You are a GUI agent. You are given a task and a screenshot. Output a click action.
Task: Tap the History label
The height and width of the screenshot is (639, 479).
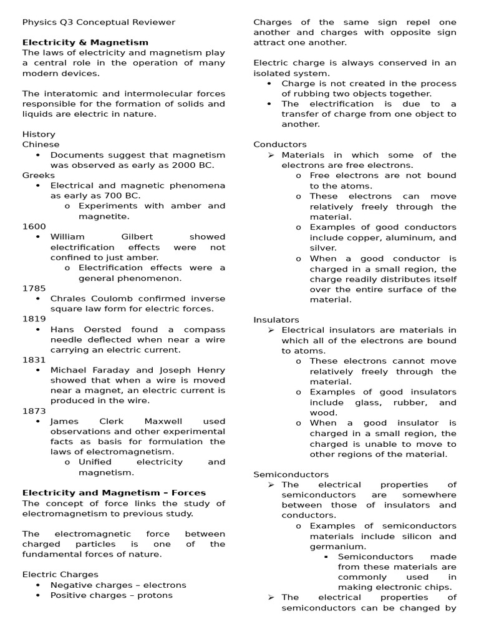[39, 134]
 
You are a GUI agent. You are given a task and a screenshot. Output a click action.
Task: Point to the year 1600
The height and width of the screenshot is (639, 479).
[34, 227]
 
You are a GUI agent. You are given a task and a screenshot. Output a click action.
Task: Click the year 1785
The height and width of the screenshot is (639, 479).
[34, 288]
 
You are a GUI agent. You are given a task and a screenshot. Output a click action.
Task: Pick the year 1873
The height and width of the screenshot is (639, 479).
[34, 411]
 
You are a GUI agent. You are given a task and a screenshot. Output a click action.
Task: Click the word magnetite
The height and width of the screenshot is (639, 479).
[104, 217]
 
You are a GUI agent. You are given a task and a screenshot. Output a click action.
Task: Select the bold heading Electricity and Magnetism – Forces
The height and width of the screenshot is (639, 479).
[114, 493]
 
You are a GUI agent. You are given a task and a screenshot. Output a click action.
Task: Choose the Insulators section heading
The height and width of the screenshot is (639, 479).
[276, 319]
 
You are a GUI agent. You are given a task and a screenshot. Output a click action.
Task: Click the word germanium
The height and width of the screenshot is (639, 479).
[336, 547]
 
